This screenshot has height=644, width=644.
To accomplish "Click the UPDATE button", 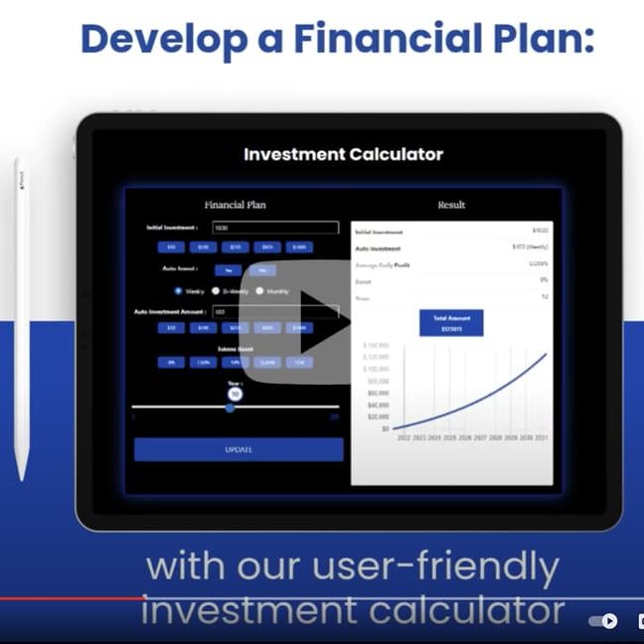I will (x=239, y=449).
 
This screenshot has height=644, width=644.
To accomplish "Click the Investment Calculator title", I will (x=343, y=154).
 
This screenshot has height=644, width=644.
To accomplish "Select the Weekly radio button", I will (x=178, y=291).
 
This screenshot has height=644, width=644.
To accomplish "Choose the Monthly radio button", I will (x=259, y=291).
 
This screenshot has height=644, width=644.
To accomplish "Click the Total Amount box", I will (x=451, y=322).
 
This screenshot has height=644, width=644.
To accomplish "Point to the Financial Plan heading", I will (x=235, y=205).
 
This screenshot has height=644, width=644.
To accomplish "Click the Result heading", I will (x=451, y=205).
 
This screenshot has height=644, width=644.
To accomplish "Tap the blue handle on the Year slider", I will (x=231, y=406).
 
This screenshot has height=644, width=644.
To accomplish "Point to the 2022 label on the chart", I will (x=403, y=437).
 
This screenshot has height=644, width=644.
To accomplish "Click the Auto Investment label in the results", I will (x=379, y=248).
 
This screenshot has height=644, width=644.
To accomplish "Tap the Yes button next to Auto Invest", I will (x=229, y=269).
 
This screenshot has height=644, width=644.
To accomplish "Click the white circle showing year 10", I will (x=235, y=394).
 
